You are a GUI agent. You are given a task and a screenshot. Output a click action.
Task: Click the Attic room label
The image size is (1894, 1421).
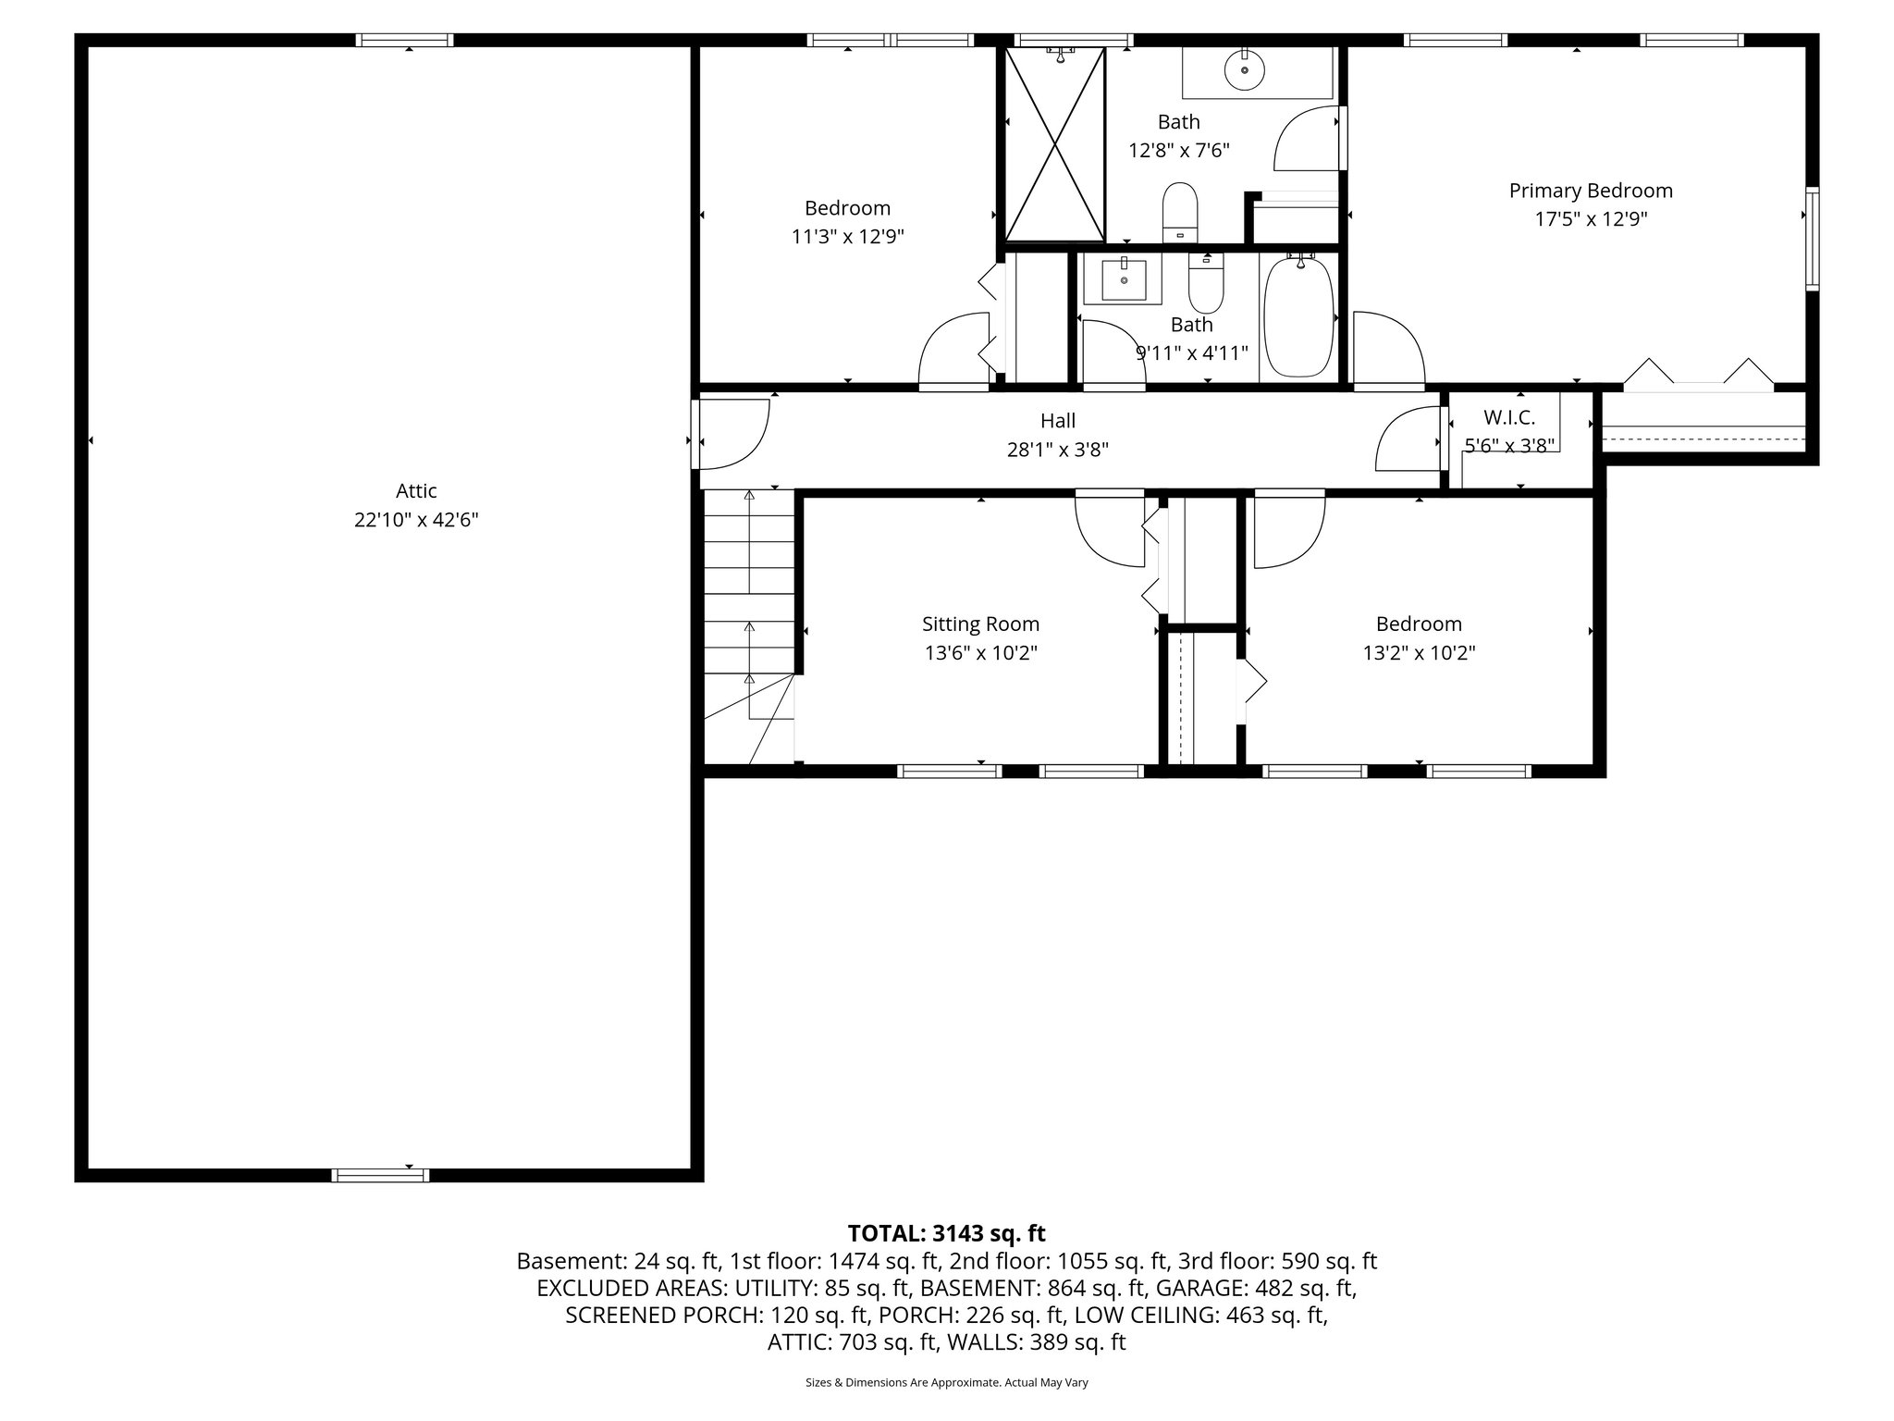coord(416,491)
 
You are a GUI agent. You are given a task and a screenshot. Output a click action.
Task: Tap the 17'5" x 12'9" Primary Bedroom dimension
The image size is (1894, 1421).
coord(1591,219)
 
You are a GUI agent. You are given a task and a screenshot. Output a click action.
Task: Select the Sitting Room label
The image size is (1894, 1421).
coord(980,624)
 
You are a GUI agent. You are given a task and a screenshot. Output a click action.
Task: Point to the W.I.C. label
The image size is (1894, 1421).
coord(1509,418)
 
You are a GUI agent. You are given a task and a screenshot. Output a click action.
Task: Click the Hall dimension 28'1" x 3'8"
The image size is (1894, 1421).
coord(1057,451)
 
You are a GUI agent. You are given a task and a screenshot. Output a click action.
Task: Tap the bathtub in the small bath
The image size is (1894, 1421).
coord(1298,316)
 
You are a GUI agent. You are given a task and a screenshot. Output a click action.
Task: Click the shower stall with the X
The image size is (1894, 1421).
coord(1055,144)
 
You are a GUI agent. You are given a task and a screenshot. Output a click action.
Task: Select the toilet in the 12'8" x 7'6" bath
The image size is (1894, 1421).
coord(1180,211)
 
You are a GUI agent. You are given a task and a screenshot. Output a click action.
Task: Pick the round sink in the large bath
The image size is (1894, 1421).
coord(1244,68)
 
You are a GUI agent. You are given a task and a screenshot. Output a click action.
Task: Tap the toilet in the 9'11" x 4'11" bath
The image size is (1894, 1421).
coord(1206,286)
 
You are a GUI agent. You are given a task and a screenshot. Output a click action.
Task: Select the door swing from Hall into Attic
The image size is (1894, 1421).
coord(733,434)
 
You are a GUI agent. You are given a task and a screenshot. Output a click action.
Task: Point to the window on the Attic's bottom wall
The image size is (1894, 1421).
coord(380,1175)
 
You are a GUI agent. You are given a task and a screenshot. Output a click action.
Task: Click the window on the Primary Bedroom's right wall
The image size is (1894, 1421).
coord(1812,239)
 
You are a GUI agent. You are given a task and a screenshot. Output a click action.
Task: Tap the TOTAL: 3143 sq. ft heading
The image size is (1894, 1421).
coord(946,1233)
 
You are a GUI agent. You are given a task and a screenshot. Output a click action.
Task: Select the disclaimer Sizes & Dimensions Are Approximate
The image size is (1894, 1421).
coord(946,1383)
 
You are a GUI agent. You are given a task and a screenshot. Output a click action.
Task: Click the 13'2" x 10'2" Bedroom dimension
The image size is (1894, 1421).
coord(1419,653)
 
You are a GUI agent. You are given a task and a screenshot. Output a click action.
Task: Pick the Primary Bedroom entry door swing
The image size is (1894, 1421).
coord(1387,348)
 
